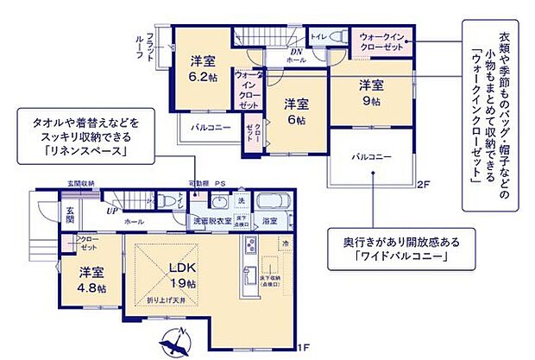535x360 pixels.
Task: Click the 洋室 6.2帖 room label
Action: (204, 67)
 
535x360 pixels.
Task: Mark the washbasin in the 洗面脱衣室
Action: (218, 202)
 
